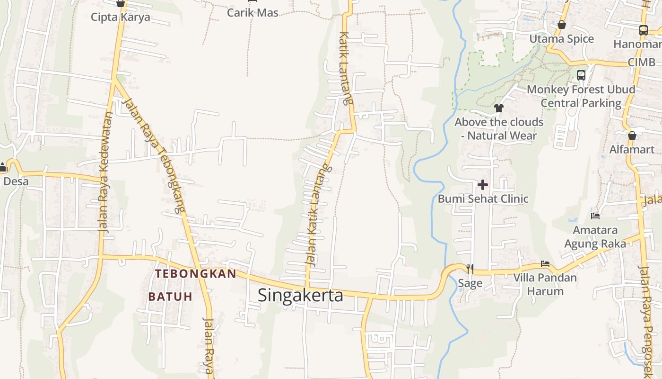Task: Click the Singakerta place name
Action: [300, 295]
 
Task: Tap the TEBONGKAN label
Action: [195, 274]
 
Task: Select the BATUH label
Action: [170, 297]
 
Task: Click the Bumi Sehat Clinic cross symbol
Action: [483, 184]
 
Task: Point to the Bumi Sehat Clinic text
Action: [483, 199]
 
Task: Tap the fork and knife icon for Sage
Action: [470, 269]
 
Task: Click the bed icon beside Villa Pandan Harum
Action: [545, 264]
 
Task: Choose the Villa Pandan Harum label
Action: [545, 284]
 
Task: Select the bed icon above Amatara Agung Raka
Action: [595, 216]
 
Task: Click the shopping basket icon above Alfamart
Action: [632, 136]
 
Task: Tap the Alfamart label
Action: [632, 150]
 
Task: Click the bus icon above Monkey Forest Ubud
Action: [581, 75]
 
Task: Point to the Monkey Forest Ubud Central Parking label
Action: [581, 96]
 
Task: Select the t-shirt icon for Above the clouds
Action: [498, 108]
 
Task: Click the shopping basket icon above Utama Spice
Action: [562, 25]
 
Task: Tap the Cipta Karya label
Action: [121, 18]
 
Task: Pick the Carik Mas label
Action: [253, 13]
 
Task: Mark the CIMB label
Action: [642, 63]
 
